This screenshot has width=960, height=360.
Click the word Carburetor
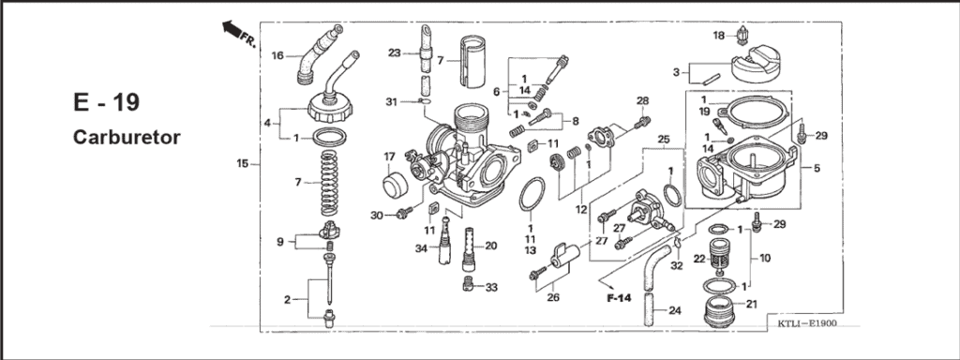coord(127,137)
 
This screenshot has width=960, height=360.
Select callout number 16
coord(277,56)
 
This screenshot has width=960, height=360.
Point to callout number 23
coord(394,52)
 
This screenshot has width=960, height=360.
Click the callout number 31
coord(392,101)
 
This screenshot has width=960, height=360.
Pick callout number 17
coord(390,156)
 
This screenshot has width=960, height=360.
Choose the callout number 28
coord(642,100)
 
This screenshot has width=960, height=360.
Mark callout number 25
coord(664,140)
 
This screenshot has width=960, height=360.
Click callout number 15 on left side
coord(243,164)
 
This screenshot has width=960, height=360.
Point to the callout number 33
coord(492,287)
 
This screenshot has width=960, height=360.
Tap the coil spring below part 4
coord(327,183)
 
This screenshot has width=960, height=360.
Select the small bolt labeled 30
coord(405,213)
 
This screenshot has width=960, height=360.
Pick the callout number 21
coord(751,304)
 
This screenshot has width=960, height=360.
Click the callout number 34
coord(421,248)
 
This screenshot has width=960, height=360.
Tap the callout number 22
coord(699,259)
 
